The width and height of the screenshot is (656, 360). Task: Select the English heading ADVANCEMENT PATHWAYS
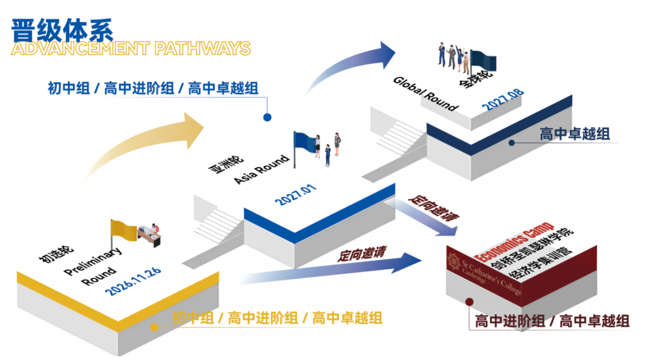[x=131, y=49]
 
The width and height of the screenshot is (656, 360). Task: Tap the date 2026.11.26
[x=133, y=280]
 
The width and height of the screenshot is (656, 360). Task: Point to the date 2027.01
[x=295, y=194]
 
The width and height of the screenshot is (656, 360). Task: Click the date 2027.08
[x=502, y=99]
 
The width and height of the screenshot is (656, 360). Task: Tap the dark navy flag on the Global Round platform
[x=483, y=61]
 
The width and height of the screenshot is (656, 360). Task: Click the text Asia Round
[x=262, y=169]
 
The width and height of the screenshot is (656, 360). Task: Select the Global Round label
[x=425, y=93]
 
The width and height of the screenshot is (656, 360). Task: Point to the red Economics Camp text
[x=514, y=242]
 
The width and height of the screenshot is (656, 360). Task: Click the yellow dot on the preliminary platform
[x=154, y=327]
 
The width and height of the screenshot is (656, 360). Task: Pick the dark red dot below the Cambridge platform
[x=470, y=302]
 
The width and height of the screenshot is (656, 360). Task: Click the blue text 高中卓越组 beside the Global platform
[x=575, y=134]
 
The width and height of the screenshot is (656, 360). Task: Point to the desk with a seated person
[x=150, y=235]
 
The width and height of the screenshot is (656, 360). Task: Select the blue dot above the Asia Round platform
[x=267, y=118]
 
